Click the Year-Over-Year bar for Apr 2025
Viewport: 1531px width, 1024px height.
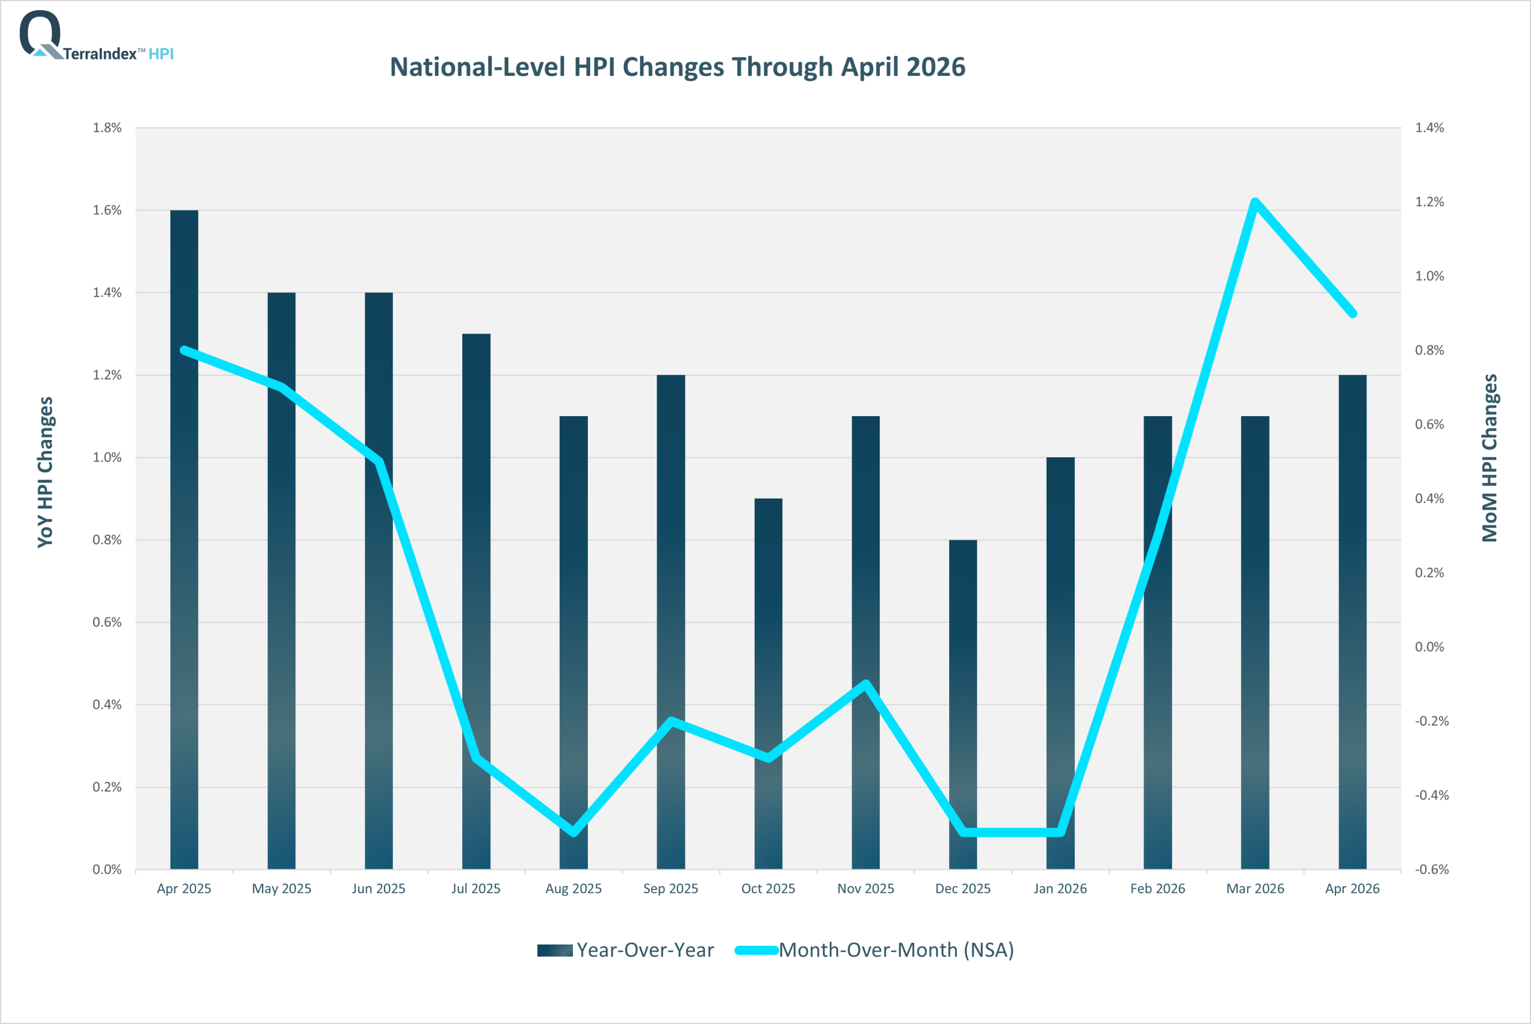pos(184,539)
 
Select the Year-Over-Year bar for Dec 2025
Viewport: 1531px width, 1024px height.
pos(963,705)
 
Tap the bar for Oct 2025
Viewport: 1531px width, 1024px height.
pos(768,684)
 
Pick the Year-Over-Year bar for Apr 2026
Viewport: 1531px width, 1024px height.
pos(1352,622)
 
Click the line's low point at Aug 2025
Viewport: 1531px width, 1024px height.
pos(574,832)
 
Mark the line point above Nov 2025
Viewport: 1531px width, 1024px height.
pos(865,684)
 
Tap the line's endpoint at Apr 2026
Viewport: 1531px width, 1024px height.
pos(1352,313)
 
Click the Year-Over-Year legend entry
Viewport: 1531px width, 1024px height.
pos(626,949)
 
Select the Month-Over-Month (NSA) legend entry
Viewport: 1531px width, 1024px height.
pos(874,949)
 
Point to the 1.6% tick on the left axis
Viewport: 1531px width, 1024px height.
pos(107,210)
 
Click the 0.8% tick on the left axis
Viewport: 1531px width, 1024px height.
pos(107,540)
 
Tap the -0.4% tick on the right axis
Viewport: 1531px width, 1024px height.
pos(1432,796)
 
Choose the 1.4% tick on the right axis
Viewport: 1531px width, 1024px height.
pos(1430,128)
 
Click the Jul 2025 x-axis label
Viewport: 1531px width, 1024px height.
pos(476,889)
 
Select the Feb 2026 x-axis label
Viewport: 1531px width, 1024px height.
pos(1157,889)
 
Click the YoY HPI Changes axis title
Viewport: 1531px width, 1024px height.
pos(45,472)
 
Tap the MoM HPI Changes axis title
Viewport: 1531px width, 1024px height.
pos(1489,458)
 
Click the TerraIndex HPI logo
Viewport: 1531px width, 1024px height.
pos(97,36)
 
